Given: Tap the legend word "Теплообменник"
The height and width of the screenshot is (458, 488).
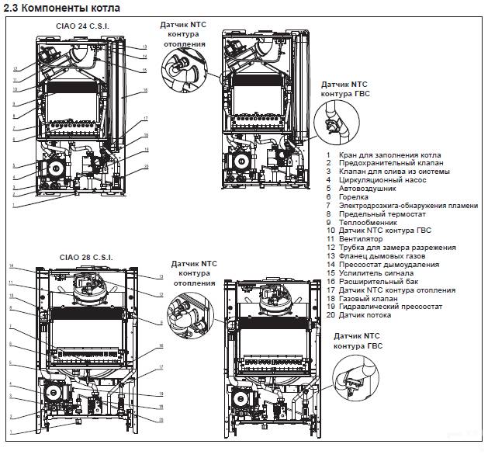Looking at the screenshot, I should pos(369,221).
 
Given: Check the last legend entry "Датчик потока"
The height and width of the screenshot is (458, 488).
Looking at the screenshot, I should pos(365,315).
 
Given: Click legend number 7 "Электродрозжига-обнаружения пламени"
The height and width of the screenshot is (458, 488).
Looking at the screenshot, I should pos(403,205).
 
